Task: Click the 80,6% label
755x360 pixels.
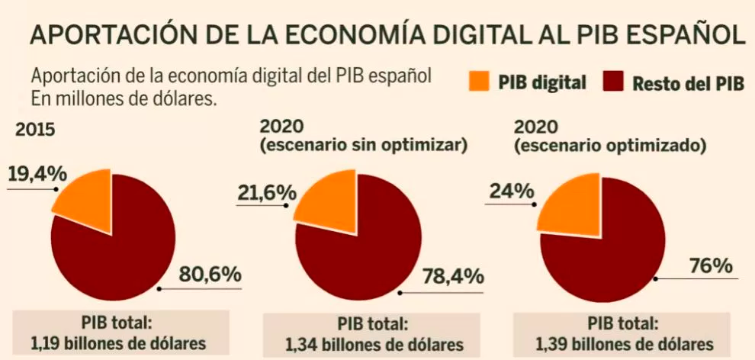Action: click(210, 274)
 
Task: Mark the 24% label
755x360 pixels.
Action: click(511, 191)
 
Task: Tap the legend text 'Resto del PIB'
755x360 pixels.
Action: click(688, 83)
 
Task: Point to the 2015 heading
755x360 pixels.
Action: click(36, 129)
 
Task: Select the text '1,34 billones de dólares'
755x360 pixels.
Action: click(363, 344)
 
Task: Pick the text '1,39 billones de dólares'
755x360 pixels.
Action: click(614, 343)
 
